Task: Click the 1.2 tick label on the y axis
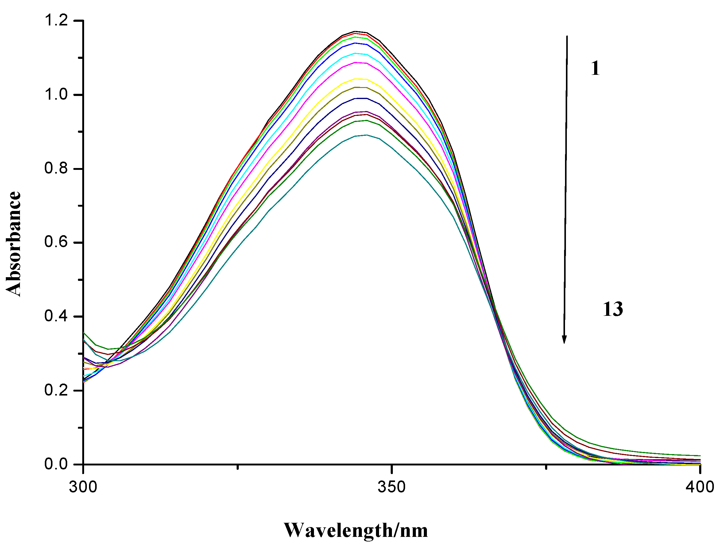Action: point(56,21)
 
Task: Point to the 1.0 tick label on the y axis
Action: point(56,95)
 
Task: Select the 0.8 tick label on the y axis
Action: point(56,169)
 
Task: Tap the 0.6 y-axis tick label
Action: point(56,243)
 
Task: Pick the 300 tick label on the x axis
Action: point(83,488)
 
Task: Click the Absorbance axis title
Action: point(14,244)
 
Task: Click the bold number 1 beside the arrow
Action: point(595,69)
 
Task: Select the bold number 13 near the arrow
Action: point(613,309)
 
